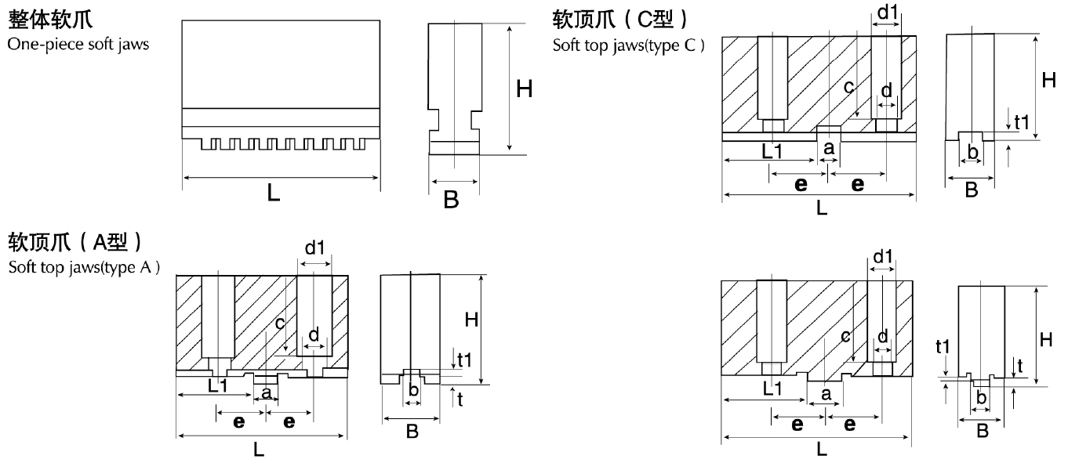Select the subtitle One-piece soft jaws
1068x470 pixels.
(78, 44)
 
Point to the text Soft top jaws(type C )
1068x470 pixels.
(628, 44)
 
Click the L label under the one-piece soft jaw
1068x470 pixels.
(273, 193)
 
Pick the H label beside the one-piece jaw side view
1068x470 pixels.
(524, 89)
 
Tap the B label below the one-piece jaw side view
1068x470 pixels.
(451, 200)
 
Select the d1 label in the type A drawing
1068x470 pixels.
(314, 248)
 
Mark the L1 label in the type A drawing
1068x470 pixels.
(220, 385)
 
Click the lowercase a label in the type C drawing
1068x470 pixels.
(826, 146)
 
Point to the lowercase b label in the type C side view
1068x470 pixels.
(972, 151)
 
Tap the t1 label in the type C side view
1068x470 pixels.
(1021, 121)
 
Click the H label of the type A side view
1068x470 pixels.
(471, 320)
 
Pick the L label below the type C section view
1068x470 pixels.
(821, 208)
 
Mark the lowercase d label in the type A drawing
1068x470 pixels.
(314, 334)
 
